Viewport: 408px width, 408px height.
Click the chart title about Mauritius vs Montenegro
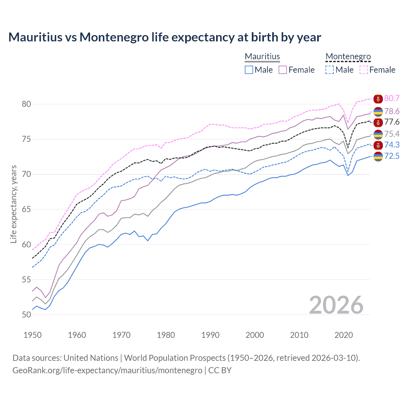(x=164, y=37)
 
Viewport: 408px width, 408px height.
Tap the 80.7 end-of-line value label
(x=392, y=98)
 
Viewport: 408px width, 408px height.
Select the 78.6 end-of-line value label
(x=392, y=111)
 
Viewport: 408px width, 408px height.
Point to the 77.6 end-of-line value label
(x=392, y=122)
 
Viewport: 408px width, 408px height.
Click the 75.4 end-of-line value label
(x=392, y=134)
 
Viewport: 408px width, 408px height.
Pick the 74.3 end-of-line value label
(x=392, y=145)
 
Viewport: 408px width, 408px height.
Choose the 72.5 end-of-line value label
(x=392, y=156)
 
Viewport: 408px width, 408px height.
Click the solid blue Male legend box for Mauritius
(x=249, y=70)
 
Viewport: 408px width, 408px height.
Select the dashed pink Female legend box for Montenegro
(x=364, y=70)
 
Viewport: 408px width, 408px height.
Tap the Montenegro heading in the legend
(x=348, y=56)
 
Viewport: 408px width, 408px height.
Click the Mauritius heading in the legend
(x=262, y=56)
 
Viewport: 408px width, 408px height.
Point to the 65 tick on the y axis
(x=26, y=209)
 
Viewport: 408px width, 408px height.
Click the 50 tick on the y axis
(x=26, y=315)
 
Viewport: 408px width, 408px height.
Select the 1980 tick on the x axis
(x=166, y=335)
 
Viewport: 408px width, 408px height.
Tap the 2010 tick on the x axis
(x=299, y=335)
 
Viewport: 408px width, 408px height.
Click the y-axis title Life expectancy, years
(x=13, y=204)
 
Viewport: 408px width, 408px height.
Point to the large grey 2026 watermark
(x=336, y=305)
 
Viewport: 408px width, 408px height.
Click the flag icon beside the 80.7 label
(x=378, y=99)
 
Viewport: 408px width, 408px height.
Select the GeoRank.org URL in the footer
(x=107, y=370)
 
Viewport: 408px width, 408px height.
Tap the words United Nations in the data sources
(x=91, y=358)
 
